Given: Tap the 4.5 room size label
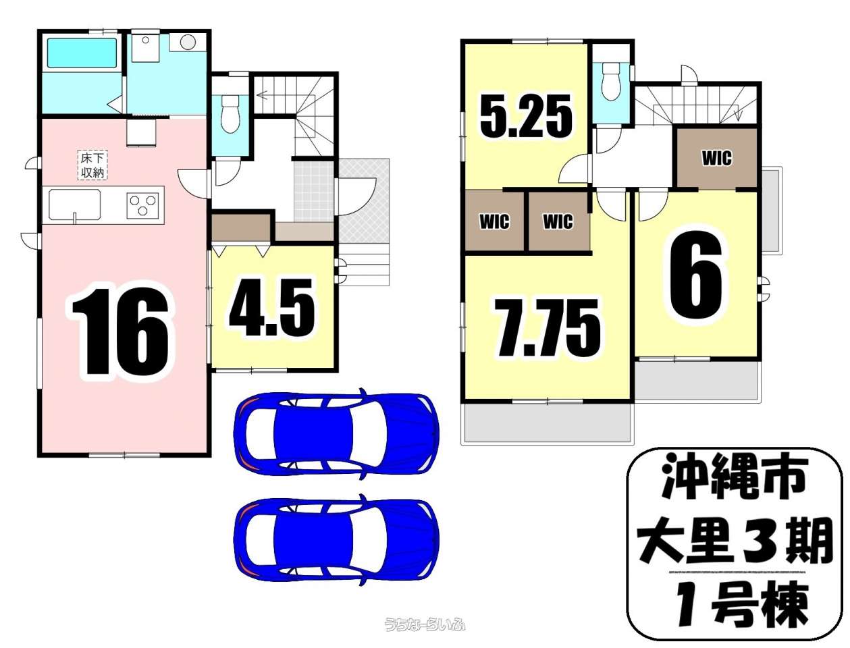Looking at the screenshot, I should click(272, 308).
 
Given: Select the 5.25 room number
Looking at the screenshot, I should click(527, 116).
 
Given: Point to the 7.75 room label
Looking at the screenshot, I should click(548, 328).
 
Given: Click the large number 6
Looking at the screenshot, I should click(696, 275).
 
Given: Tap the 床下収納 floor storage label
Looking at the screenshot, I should click(92, 165).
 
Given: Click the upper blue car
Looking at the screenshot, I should click(336, 433).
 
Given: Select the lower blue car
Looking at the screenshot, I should click(336, 539).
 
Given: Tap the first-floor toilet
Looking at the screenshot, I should click(230, 113).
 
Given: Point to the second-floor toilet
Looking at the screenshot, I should click(611, 80).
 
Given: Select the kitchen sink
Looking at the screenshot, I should click(72, 205).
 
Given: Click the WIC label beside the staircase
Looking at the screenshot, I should click(716, 158).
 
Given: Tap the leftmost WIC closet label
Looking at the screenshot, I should click(494, 221).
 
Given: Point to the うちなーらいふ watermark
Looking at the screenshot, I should click(425, 624).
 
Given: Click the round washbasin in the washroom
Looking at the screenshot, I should click(188, 43).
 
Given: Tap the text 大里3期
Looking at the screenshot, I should click(735, 541).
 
